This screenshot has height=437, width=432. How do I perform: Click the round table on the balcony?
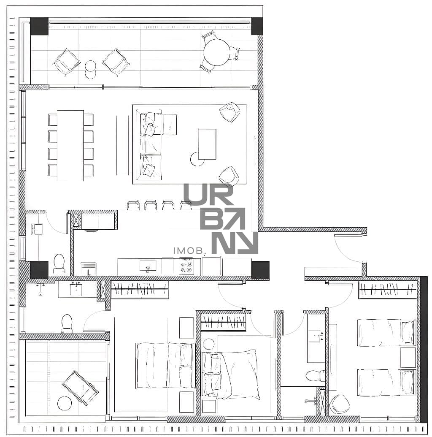217,52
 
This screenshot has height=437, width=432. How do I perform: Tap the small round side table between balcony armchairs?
91,66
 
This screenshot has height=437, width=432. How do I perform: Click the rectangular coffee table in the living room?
207,144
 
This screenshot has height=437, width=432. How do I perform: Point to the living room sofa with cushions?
149,145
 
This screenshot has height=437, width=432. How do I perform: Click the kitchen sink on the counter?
147,266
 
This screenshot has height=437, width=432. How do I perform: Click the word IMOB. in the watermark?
189,250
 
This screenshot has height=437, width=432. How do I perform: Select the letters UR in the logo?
208,194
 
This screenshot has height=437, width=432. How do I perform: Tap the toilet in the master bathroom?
67,323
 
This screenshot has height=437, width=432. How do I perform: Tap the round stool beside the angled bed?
208,344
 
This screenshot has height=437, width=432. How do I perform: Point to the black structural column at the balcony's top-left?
39,26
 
